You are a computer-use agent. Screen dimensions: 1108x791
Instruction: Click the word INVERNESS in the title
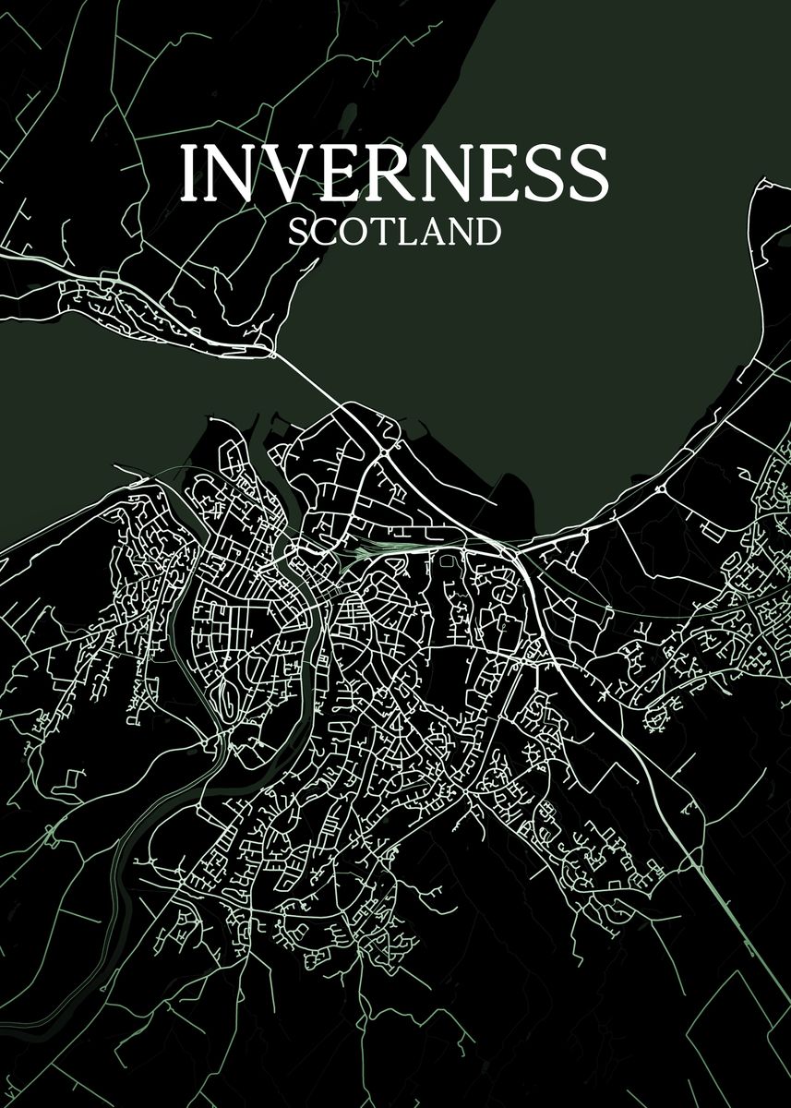tap(393, 173)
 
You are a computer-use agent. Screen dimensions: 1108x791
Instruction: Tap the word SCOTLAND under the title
tap(394, 231)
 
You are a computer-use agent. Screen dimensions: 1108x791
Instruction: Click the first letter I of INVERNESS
tap(190, 173)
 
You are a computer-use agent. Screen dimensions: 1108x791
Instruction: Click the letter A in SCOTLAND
tap(427, 231)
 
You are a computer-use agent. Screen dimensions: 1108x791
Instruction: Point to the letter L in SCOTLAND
tap(403, 231)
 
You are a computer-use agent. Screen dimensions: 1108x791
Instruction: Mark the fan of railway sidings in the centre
tap(369, 551)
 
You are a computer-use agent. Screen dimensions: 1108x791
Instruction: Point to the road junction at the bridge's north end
tap(273, 352)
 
